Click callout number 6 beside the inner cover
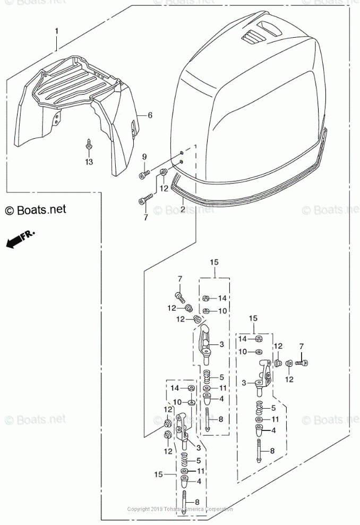[x=150, y=115]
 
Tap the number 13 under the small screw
[x=88, y=162]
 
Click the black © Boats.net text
[x=36, y=209]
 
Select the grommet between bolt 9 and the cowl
[x=163, y=172]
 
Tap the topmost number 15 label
[x=214, y=262]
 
